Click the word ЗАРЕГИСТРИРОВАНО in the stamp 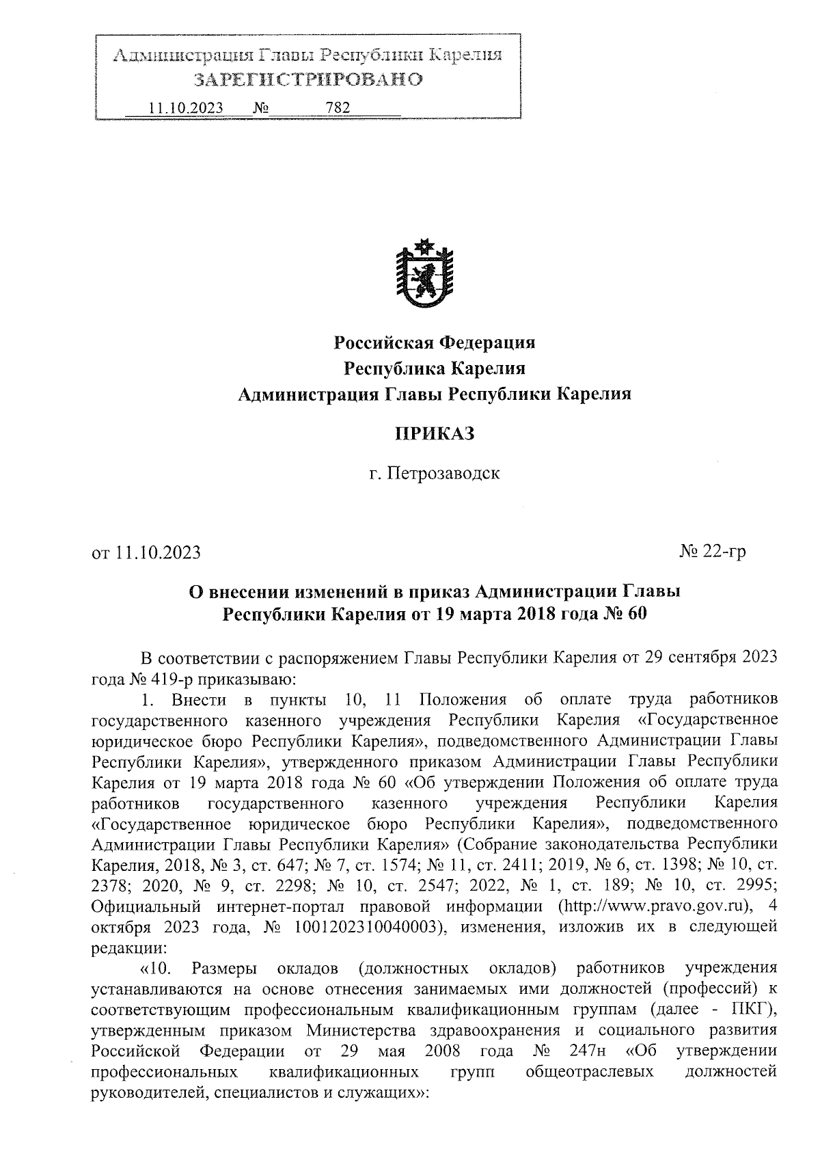(308, 80)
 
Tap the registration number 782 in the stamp (338, 108)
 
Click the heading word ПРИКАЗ (434, 433)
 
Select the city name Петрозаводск (444, 473)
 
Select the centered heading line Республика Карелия (434, 368)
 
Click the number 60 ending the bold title (635, 613)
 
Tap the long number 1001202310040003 (364, 928)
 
